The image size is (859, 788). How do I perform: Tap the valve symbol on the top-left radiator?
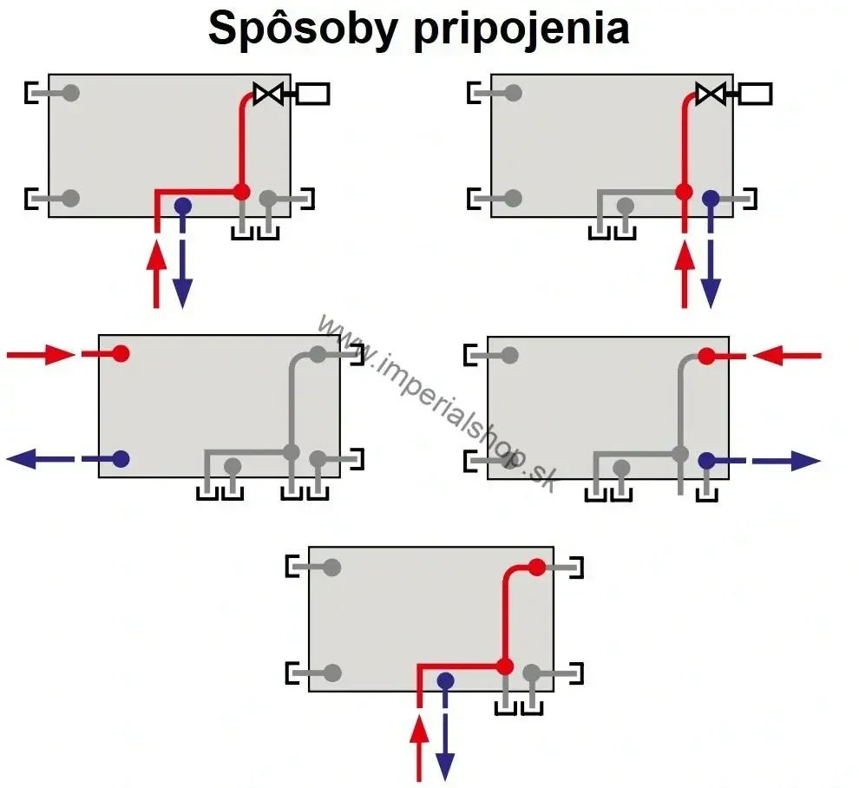[268, 93]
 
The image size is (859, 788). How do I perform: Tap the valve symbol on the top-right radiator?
[711, 93]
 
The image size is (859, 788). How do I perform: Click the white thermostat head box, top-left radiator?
[313, 94]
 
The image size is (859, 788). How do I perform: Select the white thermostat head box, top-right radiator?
[755, 94]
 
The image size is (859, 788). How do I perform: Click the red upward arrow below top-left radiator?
[157, 274]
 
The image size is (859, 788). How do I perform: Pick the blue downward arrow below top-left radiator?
[182, 274]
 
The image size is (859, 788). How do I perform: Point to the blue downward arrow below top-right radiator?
[711, 274]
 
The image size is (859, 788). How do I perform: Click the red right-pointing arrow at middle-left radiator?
[41, 355]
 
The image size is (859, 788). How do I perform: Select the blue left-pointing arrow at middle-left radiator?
[41, 459]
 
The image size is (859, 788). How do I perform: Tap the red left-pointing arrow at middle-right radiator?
[787, 356]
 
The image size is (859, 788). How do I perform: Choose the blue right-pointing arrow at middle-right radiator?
[787, 461]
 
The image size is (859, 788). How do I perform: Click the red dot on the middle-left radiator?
[121, 353]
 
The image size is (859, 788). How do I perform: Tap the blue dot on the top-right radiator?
[711, 199]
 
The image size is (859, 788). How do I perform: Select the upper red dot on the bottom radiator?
[537, 568]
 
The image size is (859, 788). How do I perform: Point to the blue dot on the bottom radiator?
[445, 680]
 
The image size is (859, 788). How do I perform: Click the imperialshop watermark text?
[438, 404]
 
